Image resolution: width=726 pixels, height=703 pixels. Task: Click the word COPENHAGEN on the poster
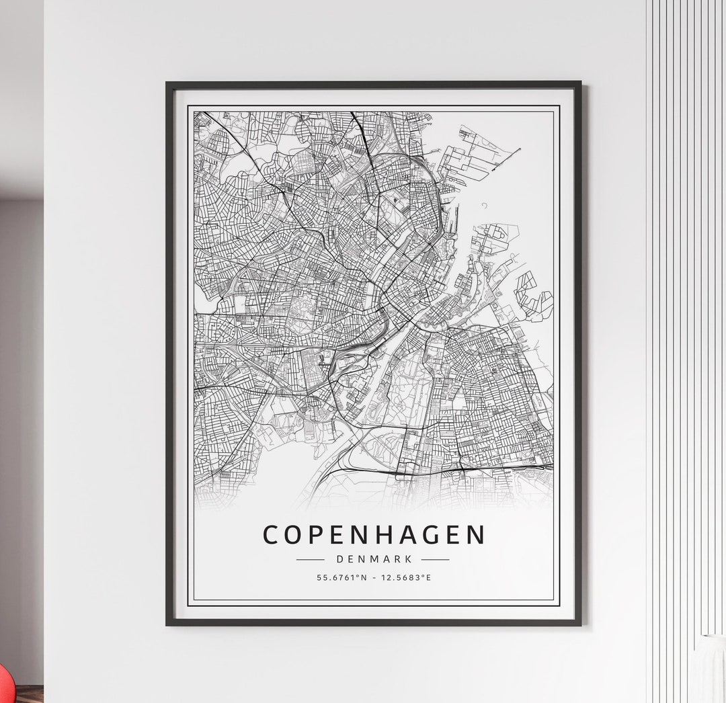point(374,535)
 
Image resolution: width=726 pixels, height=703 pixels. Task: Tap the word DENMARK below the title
point(373,559)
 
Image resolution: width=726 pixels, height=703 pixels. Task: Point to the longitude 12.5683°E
point(407,577)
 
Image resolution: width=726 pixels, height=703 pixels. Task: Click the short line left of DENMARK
point(311,559)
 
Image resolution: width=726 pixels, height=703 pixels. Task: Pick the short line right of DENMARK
point(436,559)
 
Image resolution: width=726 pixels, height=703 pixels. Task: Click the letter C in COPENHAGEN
point(271,535)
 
